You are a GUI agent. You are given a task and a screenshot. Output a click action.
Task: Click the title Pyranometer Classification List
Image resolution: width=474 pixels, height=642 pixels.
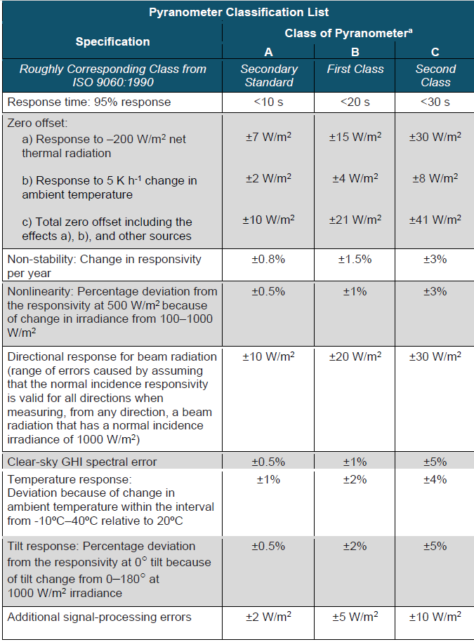click(239, 12)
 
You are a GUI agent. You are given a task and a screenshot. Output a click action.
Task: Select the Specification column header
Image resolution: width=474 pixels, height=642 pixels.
click(112, 41)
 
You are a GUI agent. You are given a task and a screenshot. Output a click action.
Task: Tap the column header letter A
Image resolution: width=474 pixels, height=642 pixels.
click(268, 52)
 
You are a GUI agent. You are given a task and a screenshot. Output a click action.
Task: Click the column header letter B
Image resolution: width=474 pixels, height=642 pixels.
click(355, 52)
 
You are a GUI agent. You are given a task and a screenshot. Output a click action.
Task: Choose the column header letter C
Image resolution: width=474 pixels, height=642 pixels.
click(435, 52)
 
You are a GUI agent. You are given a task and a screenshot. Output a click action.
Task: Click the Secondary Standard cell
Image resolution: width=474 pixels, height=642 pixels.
click(268, 76)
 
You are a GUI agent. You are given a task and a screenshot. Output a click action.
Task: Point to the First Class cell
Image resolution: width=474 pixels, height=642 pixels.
click(355, 69)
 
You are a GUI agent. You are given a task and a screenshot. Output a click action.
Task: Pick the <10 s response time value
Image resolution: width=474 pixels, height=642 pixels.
click(268, 102)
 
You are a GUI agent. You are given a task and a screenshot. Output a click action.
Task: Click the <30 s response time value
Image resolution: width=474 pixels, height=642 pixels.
click(435, 102)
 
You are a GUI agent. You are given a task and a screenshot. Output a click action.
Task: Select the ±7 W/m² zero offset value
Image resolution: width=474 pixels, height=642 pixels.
click(268, 138)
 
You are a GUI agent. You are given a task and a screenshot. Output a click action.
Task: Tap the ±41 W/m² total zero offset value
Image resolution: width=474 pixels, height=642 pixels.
click(435, 220)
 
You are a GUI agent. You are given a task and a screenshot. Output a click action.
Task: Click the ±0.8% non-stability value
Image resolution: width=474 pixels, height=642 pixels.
click(268, 259)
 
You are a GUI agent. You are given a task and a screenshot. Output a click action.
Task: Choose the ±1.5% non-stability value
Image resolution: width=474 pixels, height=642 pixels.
click(355, 259)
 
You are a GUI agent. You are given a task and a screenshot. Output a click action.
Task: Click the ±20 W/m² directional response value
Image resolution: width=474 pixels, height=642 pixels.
click(355, 356)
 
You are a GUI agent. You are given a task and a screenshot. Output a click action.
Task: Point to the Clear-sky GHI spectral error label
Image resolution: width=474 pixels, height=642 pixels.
click(82, 462)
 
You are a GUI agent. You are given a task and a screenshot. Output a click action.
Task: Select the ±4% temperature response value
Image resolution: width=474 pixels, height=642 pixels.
click(435, 479)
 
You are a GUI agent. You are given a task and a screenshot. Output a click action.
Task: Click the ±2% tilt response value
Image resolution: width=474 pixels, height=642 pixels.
click(355, 547)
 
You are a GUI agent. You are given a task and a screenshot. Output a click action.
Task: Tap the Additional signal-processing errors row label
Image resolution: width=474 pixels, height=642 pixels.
click(99, 617)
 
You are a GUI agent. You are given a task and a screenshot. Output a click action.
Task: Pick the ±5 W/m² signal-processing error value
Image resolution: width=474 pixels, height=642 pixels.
click(355, 617)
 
